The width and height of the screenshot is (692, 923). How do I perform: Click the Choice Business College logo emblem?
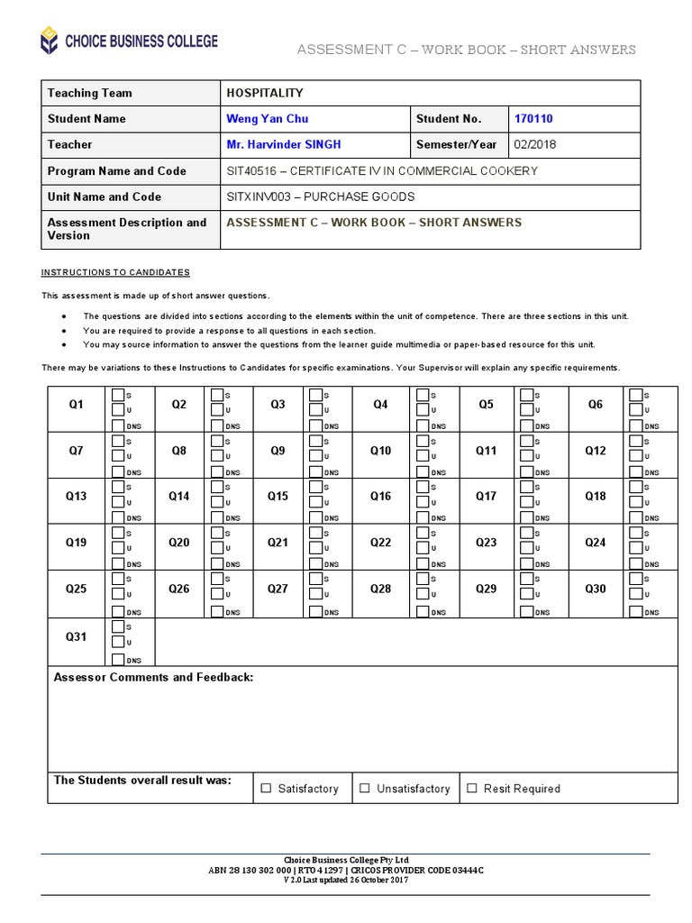coord(48,41)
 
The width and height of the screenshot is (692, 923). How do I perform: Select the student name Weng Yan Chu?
coord(267,119)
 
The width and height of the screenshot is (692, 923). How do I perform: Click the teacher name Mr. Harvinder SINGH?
coord(284,144)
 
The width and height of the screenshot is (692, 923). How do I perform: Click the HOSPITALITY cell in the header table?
coord(265,93)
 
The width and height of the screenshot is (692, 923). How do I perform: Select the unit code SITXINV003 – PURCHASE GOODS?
coord(321,196)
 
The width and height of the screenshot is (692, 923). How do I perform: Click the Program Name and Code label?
coord(117,170)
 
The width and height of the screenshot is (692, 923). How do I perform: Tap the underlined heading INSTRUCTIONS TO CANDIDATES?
coord(115,272)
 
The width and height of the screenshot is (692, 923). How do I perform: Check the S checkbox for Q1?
coord(118,395)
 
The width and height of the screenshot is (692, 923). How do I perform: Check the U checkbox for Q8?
coord(217,455)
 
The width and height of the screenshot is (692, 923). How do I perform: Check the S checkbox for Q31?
coord(118,626)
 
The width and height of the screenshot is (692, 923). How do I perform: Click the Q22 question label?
coord(381,543)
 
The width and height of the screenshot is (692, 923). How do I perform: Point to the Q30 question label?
coord(596,589)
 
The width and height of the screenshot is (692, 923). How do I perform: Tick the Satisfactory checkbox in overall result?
coord(266,788)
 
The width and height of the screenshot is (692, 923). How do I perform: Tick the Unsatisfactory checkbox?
coord(365,788)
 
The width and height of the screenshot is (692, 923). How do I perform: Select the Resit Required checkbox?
coord(472,788)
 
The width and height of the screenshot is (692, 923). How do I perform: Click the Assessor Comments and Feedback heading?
coord(154,677)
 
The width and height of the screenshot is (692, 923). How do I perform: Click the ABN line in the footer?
coord(346,870)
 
